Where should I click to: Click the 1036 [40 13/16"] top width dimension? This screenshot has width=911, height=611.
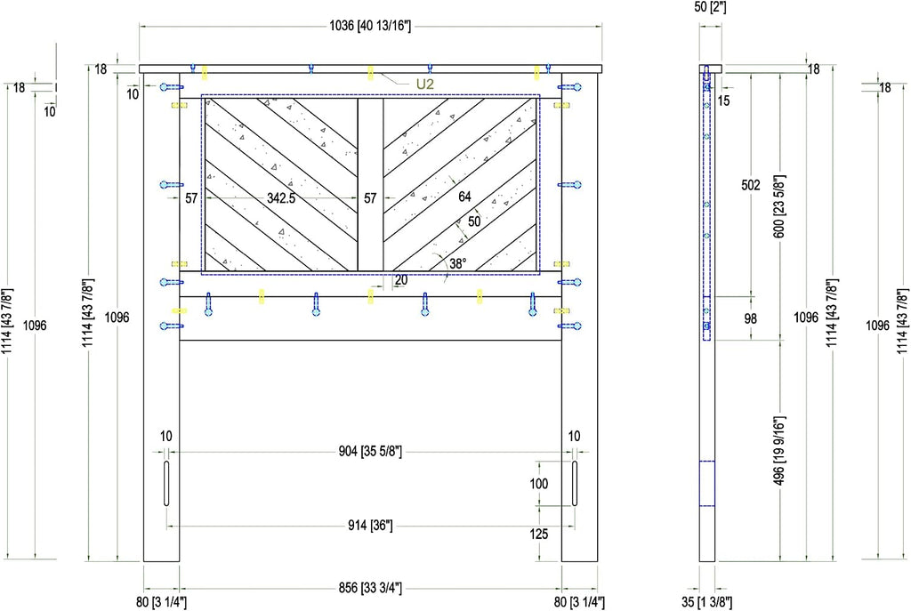pos(370,26)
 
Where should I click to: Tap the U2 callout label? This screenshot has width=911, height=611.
pos(424,84)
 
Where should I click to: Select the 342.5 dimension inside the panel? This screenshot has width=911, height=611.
pos(281,198)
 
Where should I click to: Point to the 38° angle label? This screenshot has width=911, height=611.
pos(457,263)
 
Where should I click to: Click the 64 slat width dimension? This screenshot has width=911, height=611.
pos(464,197)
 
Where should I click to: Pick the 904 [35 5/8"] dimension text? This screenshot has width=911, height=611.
pos(370,451)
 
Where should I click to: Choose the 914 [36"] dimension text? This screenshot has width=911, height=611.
pos(370,526)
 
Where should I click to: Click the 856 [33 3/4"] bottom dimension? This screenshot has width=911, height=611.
pos(370,588)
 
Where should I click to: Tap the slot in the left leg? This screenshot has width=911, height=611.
pos(166,483)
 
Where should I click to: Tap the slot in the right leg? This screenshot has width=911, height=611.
pos(575,483)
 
